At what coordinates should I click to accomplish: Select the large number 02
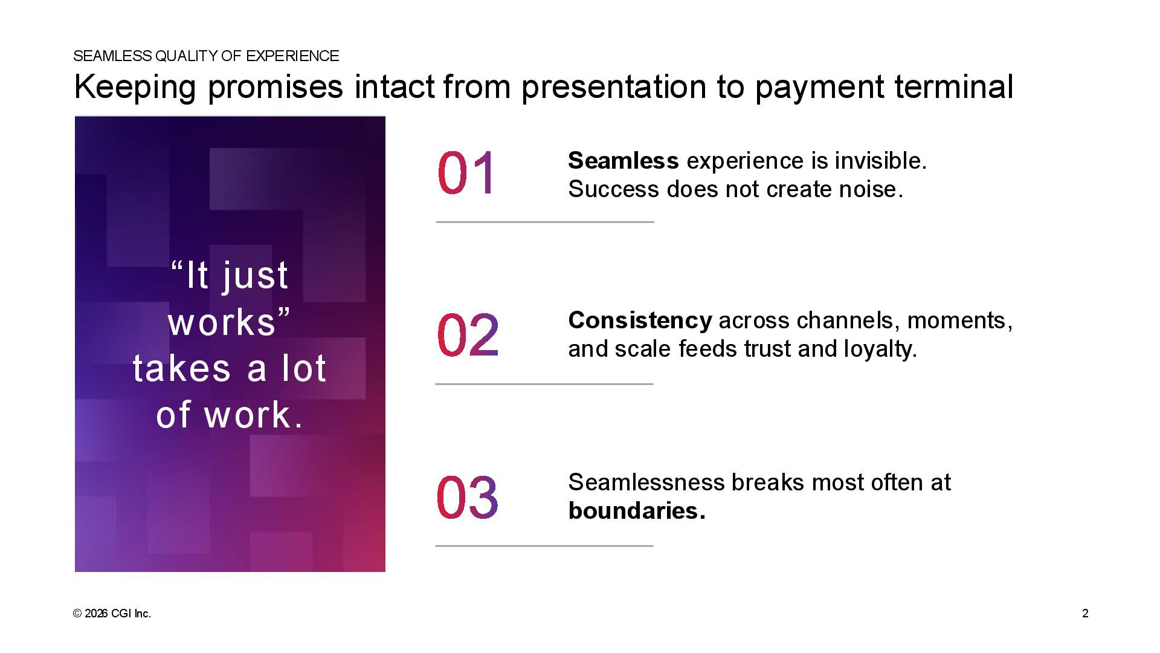click(x=468, y=334)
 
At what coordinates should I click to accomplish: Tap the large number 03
click(x=468, y=496)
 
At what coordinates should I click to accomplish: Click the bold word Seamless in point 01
click(x=623, y=161)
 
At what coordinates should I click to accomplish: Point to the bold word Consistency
click(x=640, y=321)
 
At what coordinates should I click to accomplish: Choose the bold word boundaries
click(x=637, y=511)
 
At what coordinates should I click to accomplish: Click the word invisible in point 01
click(x=881, y=161)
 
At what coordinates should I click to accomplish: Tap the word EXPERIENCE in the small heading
click(x=292, y=56)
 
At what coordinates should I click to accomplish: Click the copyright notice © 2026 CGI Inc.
click(x=112, y=614)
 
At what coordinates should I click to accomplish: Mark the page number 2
click(x=1085, y=614)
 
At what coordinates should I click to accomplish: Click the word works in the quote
click(x=222, y=322)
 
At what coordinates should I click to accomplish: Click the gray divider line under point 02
click(x=544, y=384)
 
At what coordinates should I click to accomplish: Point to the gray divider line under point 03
click(x=544, y=546)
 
